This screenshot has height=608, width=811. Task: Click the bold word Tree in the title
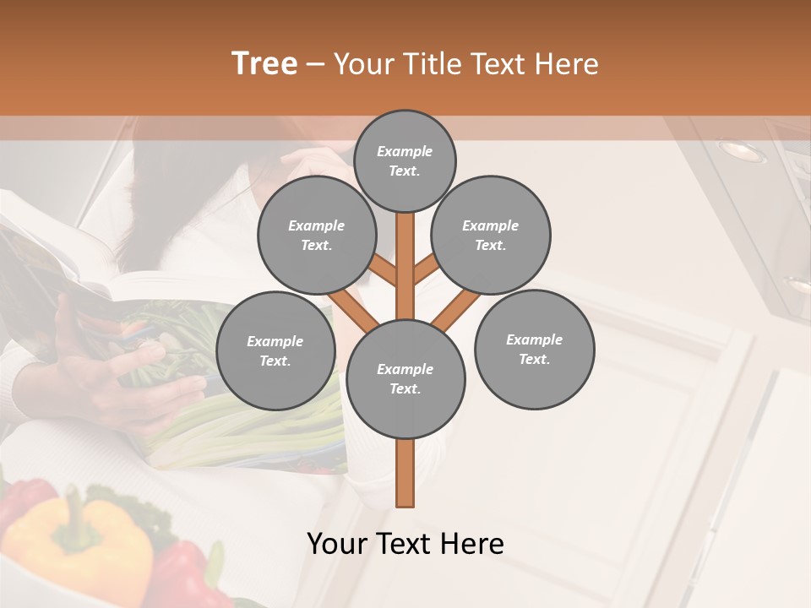[x=264, y=64]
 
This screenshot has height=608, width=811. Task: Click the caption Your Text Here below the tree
[x=405, y=544]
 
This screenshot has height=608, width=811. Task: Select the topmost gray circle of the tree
[x=405, y=160]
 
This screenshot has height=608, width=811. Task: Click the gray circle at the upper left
[x=317, y=235]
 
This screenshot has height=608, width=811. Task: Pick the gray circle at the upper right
[x=491, y=235]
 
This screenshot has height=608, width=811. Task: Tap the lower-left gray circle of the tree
[x=275, y=350]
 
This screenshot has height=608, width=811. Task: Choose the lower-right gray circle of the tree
[x=534, y=349]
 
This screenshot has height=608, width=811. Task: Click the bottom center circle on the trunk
[x=405, y=378]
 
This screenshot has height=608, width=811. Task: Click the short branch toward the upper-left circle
[x=382, y=272]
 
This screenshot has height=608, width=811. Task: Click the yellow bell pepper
[x=80, y=540]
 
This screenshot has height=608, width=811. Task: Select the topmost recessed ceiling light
[x=742, y=152]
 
